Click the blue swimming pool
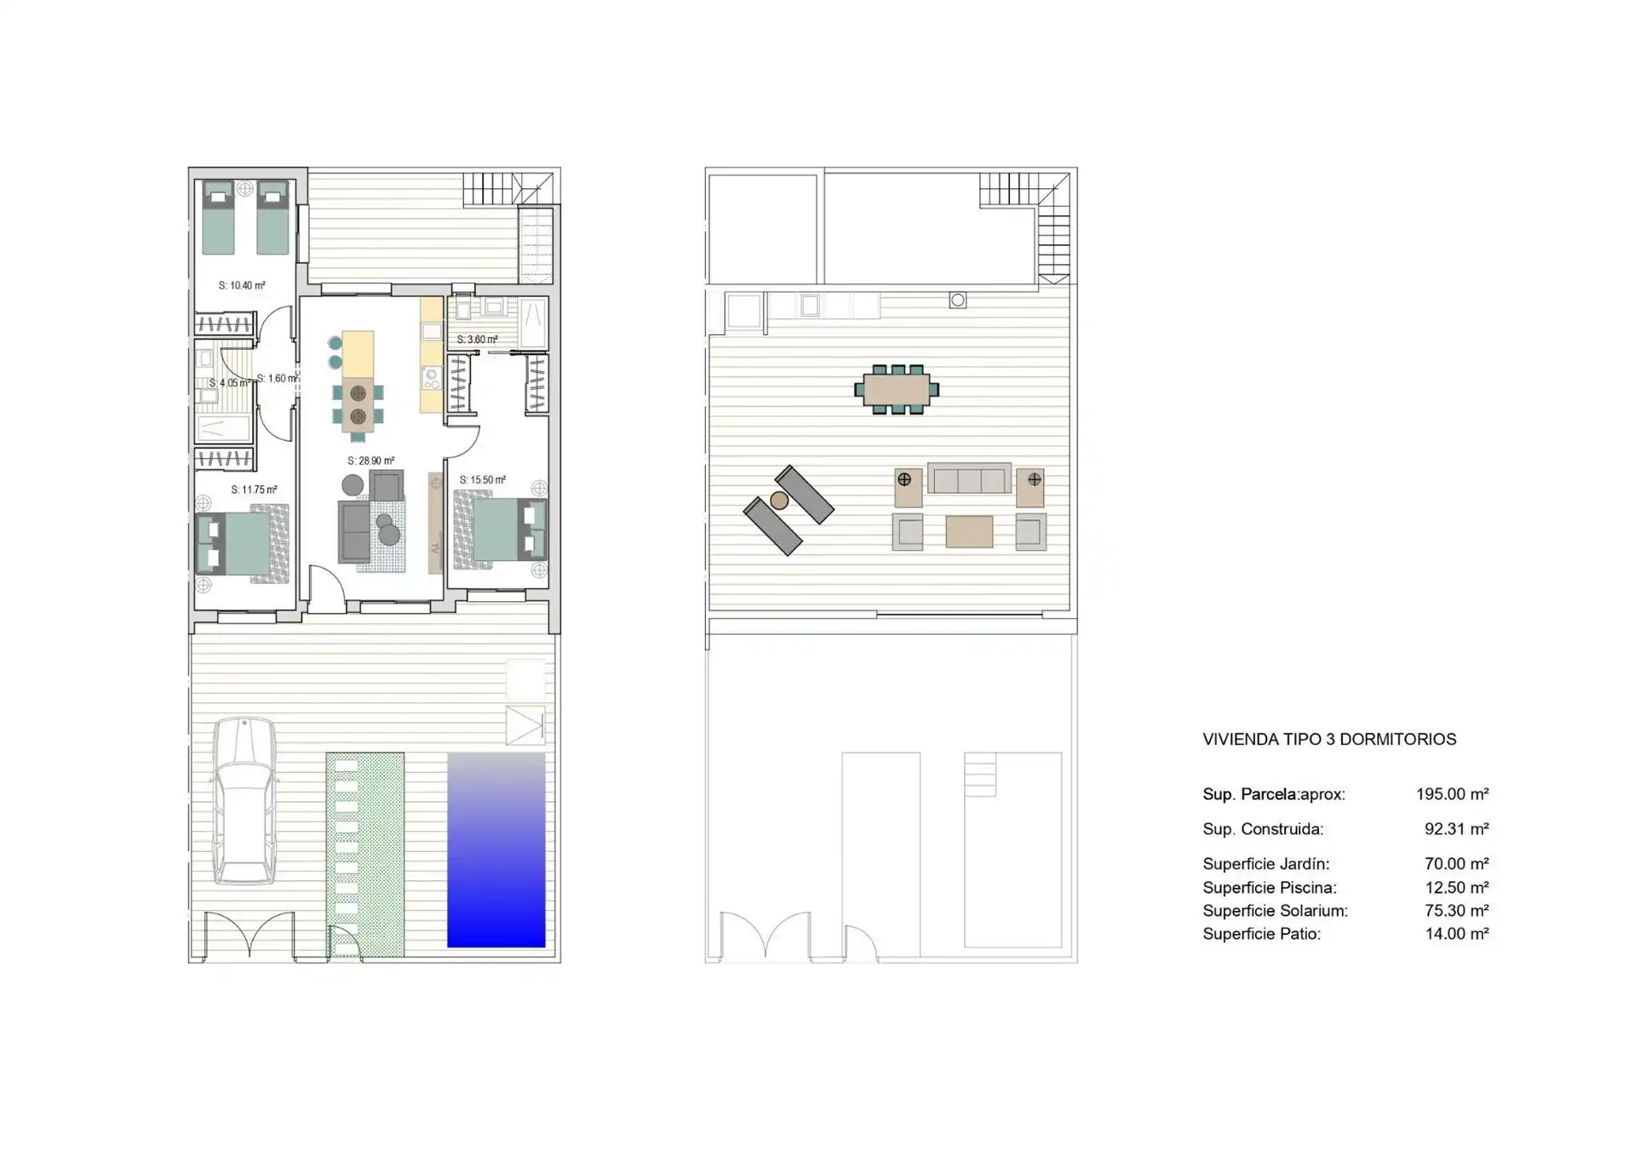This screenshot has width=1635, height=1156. click(x=496, y=850)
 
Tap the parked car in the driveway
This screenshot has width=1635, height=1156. click(x=244, y=801)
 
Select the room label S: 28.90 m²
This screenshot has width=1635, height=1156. click(x=371, y=461)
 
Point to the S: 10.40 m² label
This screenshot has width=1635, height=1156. click(x=242, y=285)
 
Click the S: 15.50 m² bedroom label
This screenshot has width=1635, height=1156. click(x=483, y=479)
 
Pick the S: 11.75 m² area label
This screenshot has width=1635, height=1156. click(x=254, y=489)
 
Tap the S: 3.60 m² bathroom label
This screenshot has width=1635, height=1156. click(x=477, y=340)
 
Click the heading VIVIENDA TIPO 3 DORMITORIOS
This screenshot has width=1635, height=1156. click(x=1329, y=739)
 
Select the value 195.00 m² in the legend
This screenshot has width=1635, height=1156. click(x=1452, y=794)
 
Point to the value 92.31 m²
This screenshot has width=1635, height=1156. click(x=1456, y=829)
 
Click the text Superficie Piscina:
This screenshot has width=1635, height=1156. click(x=1270, y=888)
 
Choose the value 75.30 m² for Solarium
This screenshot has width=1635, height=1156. click(x=1456, y=911)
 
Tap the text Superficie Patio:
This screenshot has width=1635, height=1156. click(x=1261, y=934)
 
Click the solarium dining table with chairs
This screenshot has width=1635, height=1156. click(x=897, y=390)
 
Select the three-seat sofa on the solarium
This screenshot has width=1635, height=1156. click(x=969, y=478)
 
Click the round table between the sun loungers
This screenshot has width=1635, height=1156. click(x=778, y=501)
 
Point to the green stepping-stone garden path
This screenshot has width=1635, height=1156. click(x=365, y=855)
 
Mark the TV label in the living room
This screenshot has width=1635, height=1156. click(x=435, y=548)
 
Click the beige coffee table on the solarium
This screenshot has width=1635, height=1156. click(x=969, y=532)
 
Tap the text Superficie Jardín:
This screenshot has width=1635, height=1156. click(x=1265, y=864)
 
